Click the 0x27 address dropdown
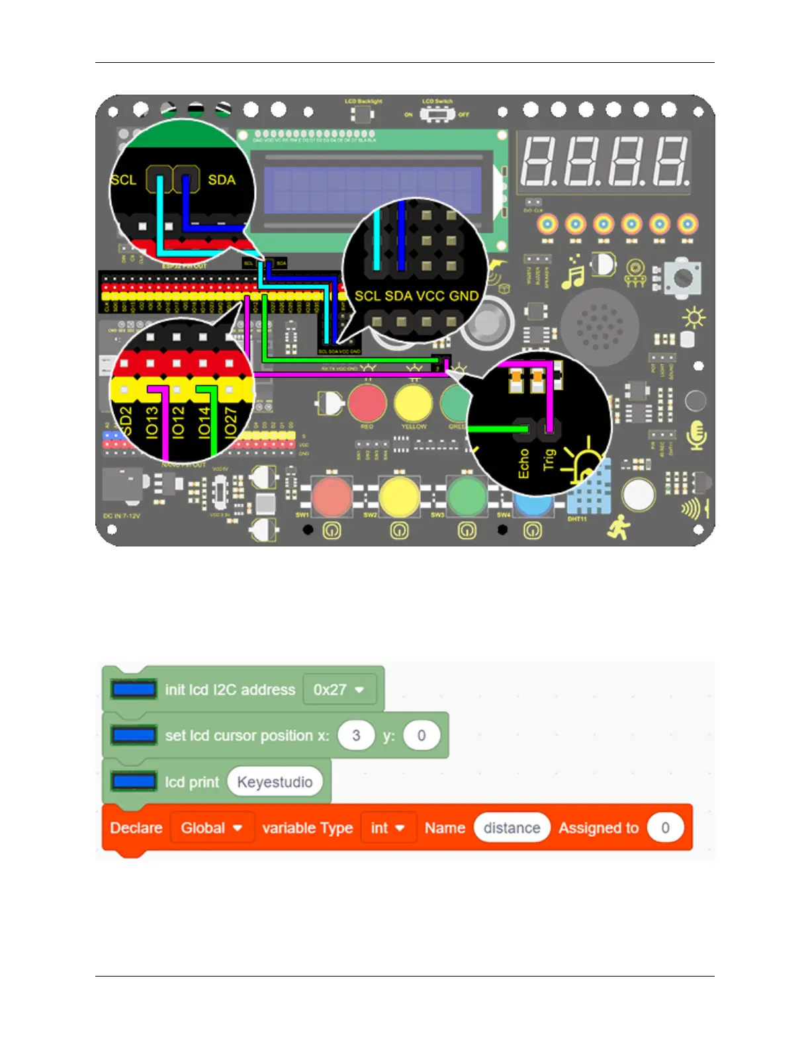(339, 689)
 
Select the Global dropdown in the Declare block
(212, 828)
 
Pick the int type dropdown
(388, 828)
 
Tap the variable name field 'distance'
(512, 828)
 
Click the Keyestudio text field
(275, 782)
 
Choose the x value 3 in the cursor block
(356, 736)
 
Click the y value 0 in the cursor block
(421, 736)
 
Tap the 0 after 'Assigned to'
(665, 828)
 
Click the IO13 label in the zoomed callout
(152, 421)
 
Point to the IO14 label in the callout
(204, 421)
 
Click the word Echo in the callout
(523, 463)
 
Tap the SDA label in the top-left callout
(222, 180)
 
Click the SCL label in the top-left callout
(124, 180)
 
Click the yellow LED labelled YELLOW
(413, 403)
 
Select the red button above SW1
(332, 496)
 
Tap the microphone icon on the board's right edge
(696, 435)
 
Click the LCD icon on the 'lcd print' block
(134, 781)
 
